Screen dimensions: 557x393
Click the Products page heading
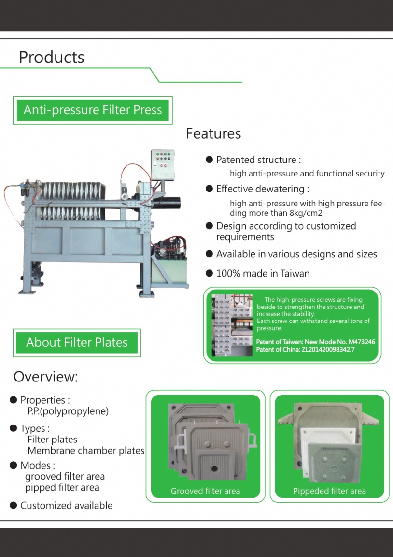pos(51,57)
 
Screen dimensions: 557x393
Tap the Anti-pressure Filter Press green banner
pos(93,110)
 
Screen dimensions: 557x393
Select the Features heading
pos(213,133)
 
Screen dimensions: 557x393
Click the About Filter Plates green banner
pos(77,343)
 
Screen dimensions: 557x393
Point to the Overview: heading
pos(45,377)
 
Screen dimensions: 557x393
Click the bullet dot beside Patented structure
pos(209,160)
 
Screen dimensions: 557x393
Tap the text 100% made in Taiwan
pos(263,273)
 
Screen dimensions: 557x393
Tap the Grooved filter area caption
pos(205,491)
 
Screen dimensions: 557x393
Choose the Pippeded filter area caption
pos(329,491)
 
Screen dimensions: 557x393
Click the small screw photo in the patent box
pos(232,325)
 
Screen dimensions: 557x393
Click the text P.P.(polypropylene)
pos(68,411)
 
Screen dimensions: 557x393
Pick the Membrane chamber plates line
pos(86,451)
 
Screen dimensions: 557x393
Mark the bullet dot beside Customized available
pos(14,506)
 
